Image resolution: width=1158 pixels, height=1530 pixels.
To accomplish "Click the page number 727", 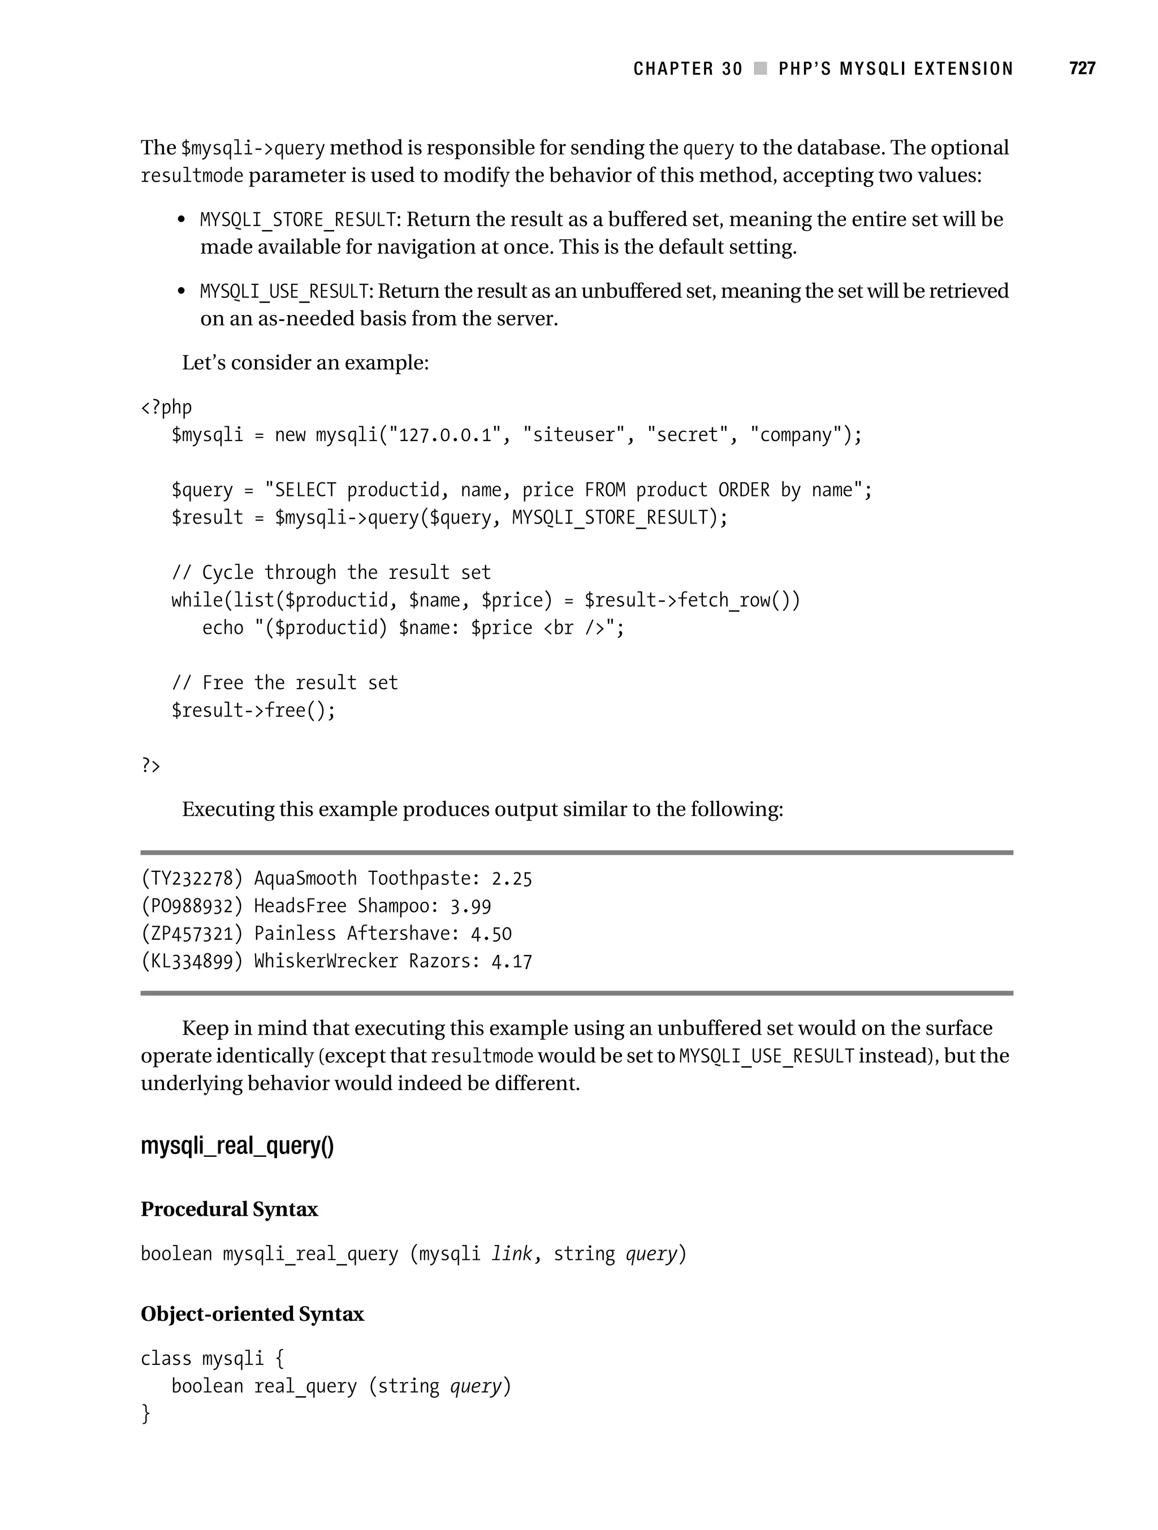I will click(x=1082, y=68).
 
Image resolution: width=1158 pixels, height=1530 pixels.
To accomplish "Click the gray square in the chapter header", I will click(x=761, y=68).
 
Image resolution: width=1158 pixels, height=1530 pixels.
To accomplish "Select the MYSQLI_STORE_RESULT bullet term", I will click(x=297, y=220).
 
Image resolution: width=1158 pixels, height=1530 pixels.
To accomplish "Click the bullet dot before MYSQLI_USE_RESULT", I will click(x=182, y=291).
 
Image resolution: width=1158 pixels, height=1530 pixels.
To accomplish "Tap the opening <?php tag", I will click(x=166, y=408).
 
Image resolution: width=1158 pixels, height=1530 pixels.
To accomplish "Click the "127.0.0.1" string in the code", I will click(x=444, y=435).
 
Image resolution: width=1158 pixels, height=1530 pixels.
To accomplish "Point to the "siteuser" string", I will click(x=573, y=435).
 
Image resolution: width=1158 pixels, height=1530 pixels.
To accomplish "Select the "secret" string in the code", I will click(x=687, y=435).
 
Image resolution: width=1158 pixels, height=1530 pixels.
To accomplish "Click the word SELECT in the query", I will click(x=305, y=490).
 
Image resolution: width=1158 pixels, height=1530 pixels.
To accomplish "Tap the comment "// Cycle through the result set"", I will click(x=331, y=573).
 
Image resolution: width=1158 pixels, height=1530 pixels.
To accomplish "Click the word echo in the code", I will click(x=223, y=628).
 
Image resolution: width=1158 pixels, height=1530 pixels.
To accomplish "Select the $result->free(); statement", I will click(x=253, y=710).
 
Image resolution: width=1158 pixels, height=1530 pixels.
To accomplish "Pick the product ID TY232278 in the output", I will click(x=192, y=879).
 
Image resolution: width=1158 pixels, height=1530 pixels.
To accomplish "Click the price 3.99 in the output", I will click(x=470, y=907).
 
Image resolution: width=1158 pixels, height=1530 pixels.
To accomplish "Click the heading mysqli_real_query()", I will click(x=237, y=1146).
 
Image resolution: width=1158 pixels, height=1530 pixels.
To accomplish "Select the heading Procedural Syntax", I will click(x=229, y=1209).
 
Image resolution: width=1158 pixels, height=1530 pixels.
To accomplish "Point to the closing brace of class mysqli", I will click(x=145, y=1413).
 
